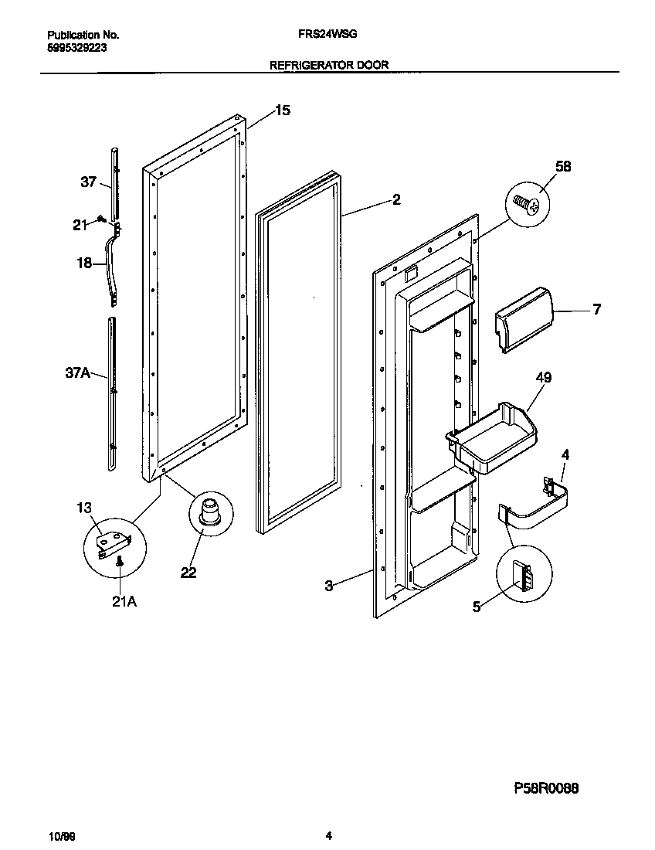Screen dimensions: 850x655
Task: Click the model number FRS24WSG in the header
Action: tap(327, 35)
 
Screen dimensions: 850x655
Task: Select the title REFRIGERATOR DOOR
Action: tap(328, 66)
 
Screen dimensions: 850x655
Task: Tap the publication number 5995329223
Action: tap(77, 46)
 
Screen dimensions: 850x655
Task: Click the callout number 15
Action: tap(283, 111)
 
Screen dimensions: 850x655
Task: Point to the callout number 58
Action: tap(563, 166)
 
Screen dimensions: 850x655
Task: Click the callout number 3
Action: tap(328, 586)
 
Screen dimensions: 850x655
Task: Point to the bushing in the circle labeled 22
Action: tap(209, 513)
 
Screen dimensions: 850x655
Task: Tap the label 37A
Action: tap(78, 374)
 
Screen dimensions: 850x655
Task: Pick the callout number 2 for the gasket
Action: tap(396, 200)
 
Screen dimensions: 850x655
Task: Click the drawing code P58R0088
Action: tap(546, 789)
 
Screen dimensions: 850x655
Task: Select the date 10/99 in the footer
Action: tap(61, 836)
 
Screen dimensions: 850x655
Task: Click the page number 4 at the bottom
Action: tap(328, 835)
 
